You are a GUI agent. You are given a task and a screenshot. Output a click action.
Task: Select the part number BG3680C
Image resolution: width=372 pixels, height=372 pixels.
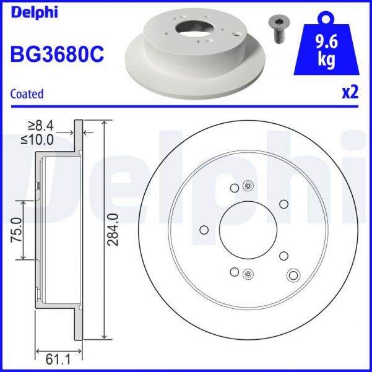pyautogui.click(x=57, y=54)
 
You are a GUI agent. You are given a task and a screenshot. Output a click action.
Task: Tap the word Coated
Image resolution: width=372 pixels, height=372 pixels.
pyautogui.click(x=27, y=94)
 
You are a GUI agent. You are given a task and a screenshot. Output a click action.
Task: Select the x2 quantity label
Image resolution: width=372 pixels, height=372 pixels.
pyautogui.click(x=350, y=93)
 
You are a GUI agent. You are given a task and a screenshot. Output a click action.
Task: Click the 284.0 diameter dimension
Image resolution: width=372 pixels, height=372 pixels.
pyautogui.click(x=113, y=230)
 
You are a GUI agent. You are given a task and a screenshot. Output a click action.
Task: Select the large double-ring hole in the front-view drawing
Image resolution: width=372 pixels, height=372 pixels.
pyautogui.click(x=293, y=275)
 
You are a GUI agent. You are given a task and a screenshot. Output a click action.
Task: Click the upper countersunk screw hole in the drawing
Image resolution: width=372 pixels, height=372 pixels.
pyautogui.click(x=248, y=185)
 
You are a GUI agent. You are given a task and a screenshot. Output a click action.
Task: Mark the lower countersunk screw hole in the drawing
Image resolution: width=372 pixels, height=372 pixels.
pyautogui.click(x=248, y=274)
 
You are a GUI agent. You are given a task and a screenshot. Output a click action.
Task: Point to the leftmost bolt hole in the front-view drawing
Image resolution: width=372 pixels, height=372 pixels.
pyautogui.click(x=204, y=230)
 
